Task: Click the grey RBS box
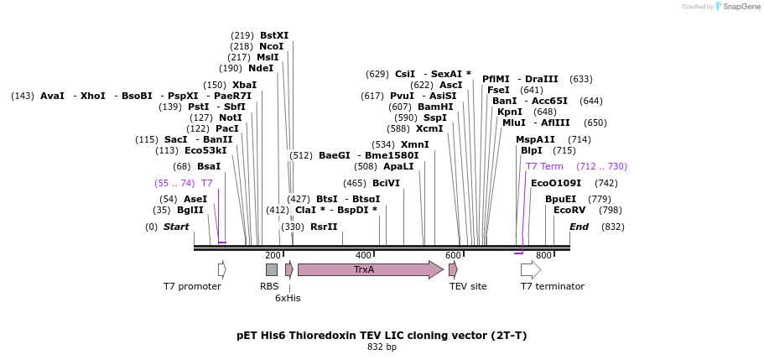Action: click(271, 269)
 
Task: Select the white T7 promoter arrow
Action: click(221, 269)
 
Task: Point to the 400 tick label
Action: click(363, 255)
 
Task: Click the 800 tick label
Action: click(543, 255)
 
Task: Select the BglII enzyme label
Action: click(190, 210)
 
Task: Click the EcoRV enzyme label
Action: click(569, 210)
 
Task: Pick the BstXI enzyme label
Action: click(274, 35)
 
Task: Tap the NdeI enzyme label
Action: click(261, 68)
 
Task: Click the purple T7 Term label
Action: click(544, 166)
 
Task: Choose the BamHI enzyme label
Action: click(435, 107)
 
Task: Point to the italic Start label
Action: click(176, 227)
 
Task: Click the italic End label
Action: click(579, 227)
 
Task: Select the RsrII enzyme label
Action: click(324, 227)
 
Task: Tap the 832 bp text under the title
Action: click(382, 347)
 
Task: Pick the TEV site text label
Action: click(468, 286)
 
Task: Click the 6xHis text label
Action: click(288, 298)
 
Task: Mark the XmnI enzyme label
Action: click(415, 144)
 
